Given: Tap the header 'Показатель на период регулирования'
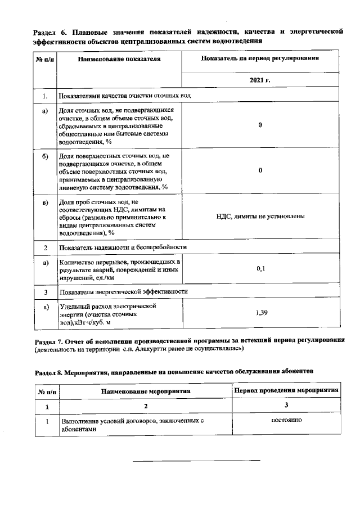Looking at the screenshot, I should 260,58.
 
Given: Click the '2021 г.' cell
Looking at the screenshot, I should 260,80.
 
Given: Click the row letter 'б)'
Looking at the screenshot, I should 45,156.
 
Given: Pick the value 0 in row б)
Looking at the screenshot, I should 260,170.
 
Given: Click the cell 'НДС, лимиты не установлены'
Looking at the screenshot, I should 260,216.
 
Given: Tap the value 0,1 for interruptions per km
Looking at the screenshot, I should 260,269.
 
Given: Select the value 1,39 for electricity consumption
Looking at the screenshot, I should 260,312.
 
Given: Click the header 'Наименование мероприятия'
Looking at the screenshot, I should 146,390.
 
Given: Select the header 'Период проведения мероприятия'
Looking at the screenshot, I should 286,390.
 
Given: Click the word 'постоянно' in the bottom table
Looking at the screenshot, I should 286,420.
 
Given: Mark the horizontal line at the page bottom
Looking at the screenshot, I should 196,461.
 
